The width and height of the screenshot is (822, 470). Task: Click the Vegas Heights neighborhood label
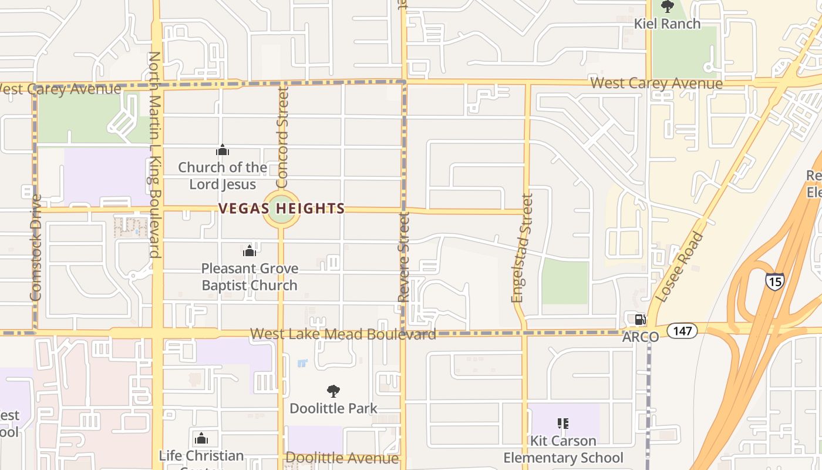coord(282,209)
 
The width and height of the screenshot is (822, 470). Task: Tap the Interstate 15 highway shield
coord(774,281)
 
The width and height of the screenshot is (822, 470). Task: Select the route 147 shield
coord(682,331)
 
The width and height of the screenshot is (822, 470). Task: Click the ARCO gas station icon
coord(640,320)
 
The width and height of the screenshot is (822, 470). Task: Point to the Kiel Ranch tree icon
coord(668,7)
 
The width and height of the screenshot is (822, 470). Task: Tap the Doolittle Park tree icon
coord(333,391)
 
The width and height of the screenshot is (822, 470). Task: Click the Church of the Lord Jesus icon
coord(222,150)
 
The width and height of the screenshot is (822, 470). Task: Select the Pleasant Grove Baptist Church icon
coord(250,251)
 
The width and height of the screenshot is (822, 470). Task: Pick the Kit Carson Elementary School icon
coord(563,424)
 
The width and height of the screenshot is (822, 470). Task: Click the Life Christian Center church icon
coord(201,438)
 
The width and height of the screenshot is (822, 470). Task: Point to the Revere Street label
coord(403,257)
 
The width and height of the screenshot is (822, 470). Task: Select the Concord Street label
coord(282,134)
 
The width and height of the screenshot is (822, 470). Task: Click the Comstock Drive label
coord(36,247)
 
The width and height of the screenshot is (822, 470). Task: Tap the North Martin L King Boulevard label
coord(154,155)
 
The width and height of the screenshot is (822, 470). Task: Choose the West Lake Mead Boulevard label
coord(343,334)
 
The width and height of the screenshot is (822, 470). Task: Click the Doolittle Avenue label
coord(342,458)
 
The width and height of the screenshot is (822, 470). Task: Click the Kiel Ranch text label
coord(668,24)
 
